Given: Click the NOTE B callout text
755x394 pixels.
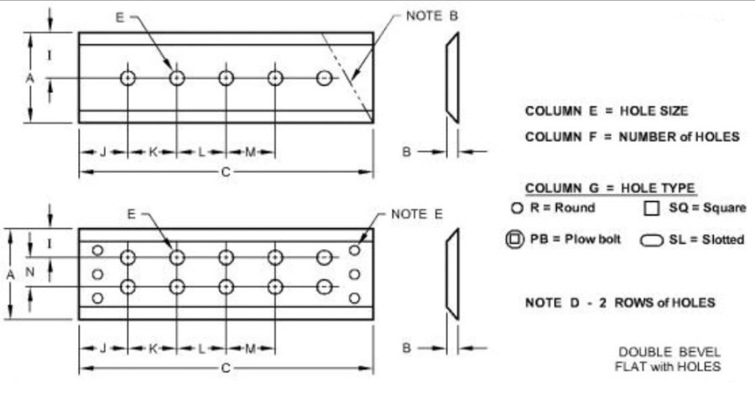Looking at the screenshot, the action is pos(432,16).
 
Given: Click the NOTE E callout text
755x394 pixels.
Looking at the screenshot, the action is pos(416,214).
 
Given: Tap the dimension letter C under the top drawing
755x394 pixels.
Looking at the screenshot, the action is pos(226,172).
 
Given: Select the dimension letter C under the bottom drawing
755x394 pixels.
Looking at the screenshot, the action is pos(226,368).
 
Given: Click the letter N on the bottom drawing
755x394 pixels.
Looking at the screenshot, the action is pos(30,272).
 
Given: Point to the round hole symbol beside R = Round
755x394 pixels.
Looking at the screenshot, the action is pos(517,208).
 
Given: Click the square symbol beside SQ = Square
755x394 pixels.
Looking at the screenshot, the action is pos(651,208).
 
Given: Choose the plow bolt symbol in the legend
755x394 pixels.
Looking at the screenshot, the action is pos(515,239).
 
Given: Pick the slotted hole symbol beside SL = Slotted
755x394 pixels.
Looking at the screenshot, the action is pos(652,240).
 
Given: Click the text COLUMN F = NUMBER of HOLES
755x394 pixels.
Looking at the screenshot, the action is pos(633,137).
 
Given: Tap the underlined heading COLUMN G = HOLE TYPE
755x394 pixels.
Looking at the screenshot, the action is pos(610,188).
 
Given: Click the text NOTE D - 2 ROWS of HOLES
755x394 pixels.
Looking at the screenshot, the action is pos(620,303).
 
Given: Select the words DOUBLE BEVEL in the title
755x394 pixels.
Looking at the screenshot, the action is pos(669,352).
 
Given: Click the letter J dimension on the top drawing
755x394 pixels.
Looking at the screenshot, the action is pos(102,152).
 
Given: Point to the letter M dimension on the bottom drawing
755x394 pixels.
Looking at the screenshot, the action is pos(250,348).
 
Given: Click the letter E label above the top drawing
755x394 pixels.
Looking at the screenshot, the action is pos(119,18).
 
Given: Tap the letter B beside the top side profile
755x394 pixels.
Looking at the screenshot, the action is pos(406,152).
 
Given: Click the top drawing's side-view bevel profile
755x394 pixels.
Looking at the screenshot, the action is pos(453,77).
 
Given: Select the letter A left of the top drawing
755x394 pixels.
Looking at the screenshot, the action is pos(30,78).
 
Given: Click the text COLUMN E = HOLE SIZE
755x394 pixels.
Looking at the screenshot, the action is pos(607,111).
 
